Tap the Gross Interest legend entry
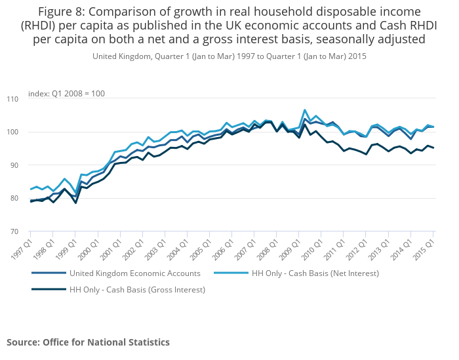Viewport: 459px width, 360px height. click(137, 289)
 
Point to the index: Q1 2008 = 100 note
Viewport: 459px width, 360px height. click(67, 94)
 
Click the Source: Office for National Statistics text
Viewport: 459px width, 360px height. click(88, 342)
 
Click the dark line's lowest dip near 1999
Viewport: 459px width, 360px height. click(75, 203)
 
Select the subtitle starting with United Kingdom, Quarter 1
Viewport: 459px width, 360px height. click(229, 56)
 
